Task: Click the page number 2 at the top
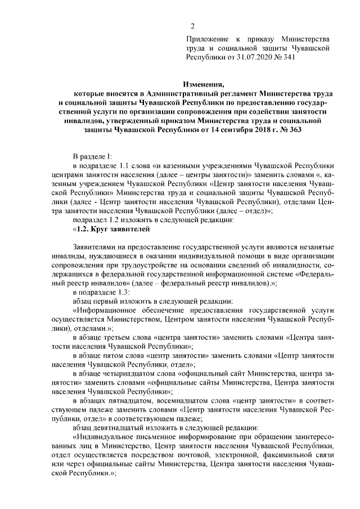point(192,26)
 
